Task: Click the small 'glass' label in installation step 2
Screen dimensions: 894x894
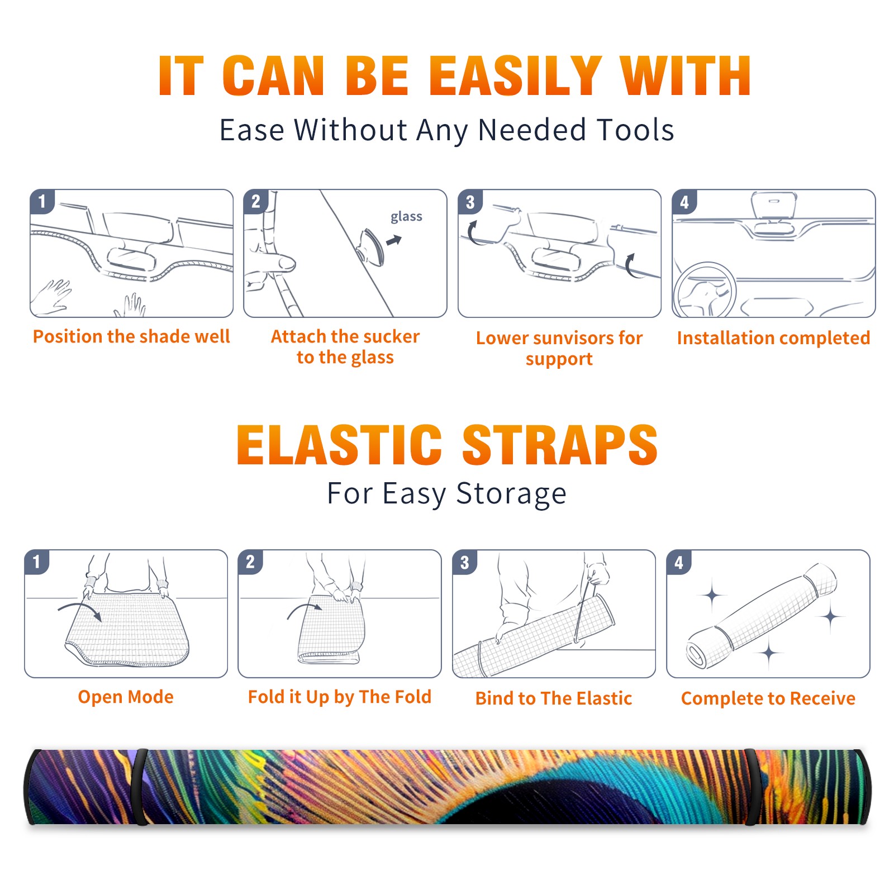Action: pos(406,217)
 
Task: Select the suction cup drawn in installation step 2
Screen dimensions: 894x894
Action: pos(372,246)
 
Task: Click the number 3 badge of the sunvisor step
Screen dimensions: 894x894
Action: pos(470,202)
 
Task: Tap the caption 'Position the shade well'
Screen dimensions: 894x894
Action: pos(131,336)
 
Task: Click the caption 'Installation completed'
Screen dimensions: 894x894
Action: pos(773,337)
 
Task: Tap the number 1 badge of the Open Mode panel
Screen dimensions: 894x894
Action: pos(37,562)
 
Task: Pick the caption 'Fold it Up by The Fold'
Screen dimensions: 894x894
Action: pos(340,697)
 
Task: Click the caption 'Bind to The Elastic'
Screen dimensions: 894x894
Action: pos(554,698)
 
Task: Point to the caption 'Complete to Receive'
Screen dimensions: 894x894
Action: pos(768,698)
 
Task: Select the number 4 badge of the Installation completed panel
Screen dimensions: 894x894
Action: pos(684,202)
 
